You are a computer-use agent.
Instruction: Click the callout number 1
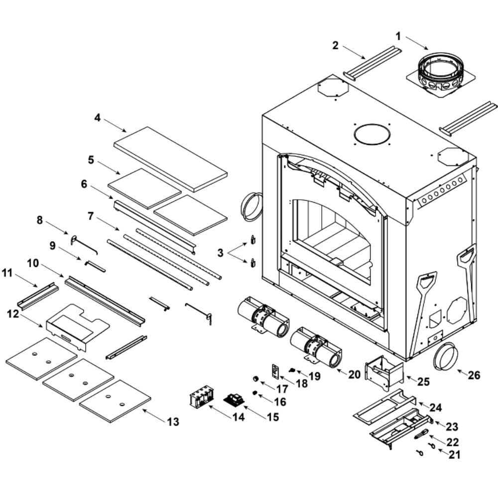pyautogui.click(x=398, y=36)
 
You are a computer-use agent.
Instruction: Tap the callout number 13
pyautogui.click(x=172, y=422)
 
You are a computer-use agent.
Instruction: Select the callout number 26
pyautogui.click(x=474, y=375)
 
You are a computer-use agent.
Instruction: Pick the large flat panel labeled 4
pyautogui.click(x=170, y=158)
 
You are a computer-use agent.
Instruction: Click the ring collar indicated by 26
pyautogui.click(x=445, y=357)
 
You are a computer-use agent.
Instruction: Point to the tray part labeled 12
pyautogui.click(x=77, y=327)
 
